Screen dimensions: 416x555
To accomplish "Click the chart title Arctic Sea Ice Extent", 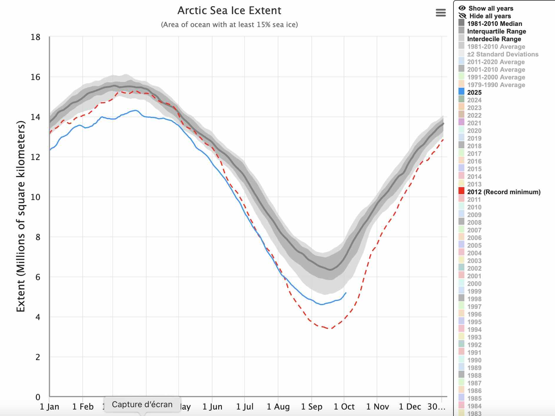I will pos(229,11).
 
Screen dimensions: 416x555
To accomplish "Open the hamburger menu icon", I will pos(441,13).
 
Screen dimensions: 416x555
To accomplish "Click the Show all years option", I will pos(491,9).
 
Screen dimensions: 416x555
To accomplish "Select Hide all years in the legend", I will pos(490,16).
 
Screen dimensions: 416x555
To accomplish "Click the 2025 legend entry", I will pos(474,92).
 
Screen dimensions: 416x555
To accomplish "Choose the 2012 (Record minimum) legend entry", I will pos(504,192).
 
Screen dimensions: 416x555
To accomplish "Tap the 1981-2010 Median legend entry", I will pos(494,24).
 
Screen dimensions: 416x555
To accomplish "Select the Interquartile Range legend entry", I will pos(496,31).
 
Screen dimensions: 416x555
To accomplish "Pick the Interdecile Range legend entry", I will pos(494,39).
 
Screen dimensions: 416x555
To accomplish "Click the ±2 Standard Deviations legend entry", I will pos(502,54).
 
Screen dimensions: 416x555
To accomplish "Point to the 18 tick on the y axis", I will pos(36,37).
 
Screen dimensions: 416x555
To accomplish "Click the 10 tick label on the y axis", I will pos(36,197).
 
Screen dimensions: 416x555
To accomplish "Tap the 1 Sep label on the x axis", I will pos(312,407).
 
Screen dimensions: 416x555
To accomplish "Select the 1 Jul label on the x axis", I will pos(245,407).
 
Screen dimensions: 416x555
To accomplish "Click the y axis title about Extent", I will pos(21,216).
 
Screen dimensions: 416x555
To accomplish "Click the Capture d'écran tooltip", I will pos(142,405).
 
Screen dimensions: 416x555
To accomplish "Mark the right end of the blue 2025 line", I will pos(346,293).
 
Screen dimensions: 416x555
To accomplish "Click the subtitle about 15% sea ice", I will pos(229,25).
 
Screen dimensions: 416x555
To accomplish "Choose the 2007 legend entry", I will pos(474,230).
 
